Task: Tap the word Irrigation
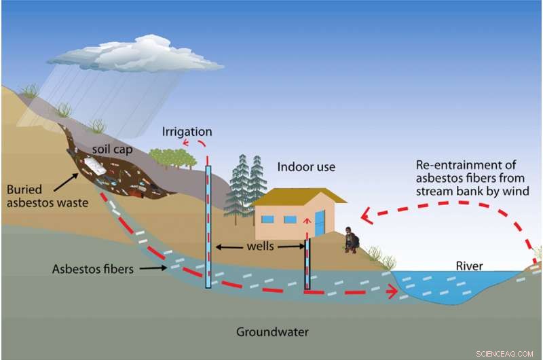tap(187, 131)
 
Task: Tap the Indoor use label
tap(306, 166)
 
